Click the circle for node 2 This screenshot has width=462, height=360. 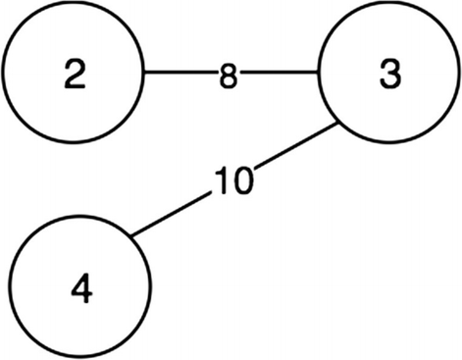74,74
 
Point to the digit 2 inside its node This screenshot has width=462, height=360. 74,76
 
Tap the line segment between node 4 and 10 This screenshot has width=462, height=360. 172,215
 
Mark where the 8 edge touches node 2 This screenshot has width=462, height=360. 146,74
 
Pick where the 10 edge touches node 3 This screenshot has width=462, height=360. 339,126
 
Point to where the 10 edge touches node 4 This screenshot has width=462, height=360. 133,235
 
